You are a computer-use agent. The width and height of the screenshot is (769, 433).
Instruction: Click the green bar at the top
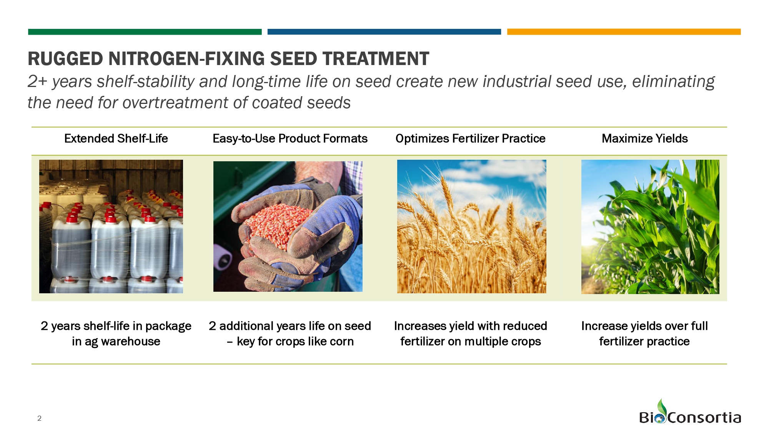pos(145,32)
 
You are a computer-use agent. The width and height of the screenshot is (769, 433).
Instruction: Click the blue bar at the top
pos(384,32)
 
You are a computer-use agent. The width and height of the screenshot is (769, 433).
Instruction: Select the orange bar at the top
pos(624,32)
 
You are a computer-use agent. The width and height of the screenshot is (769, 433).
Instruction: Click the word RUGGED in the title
pos(65,59)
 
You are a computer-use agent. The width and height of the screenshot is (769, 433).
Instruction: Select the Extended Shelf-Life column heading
pos(116,139)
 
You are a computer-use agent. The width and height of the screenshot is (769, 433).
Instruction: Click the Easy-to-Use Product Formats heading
pos(290,139)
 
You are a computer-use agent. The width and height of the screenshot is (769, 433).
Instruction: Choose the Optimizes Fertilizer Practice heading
pos(470,139)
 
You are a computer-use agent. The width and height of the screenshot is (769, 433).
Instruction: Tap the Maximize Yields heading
pos(644,139)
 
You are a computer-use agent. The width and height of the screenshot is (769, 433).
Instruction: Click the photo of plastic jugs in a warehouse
pos(111,226)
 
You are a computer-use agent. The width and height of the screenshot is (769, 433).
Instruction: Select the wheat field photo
pos(471,226)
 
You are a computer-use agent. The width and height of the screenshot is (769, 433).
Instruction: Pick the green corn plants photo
pos(650,226)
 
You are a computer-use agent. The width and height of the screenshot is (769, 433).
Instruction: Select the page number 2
pos(39,418)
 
